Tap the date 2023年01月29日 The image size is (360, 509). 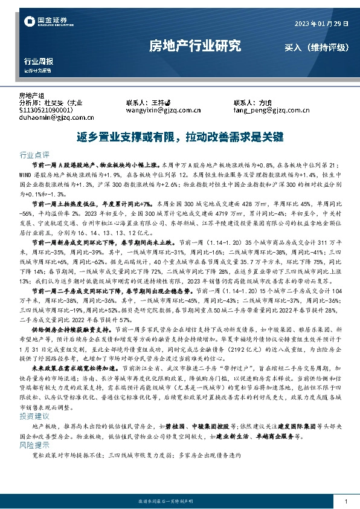[321, 24]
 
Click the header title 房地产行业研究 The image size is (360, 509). [194, 46]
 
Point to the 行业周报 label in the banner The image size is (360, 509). [38, 62]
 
